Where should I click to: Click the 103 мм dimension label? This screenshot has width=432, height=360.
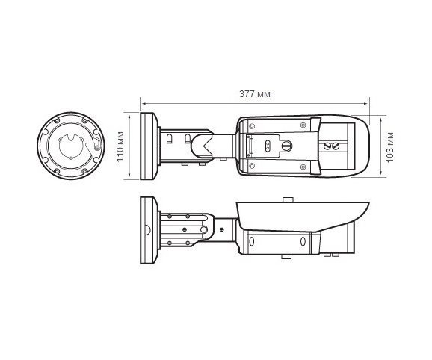tap(391, 146)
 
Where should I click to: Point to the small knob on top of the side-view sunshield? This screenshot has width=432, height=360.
tap(286, 198)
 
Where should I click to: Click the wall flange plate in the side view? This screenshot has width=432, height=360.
tap(147, 231)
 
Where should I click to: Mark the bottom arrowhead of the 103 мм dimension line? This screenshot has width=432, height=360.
tap(381, 177)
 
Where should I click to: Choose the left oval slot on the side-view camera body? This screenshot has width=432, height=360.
tap(251, 241)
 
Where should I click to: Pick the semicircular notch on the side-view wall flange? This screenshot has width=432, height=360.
tap(144, 231)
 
